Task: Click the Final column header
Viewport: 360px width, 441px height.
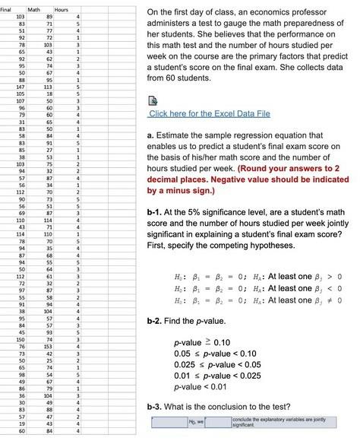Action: [10, 8]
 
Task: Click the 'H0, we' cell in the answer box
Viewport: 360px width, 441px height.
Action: [195, 423]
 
